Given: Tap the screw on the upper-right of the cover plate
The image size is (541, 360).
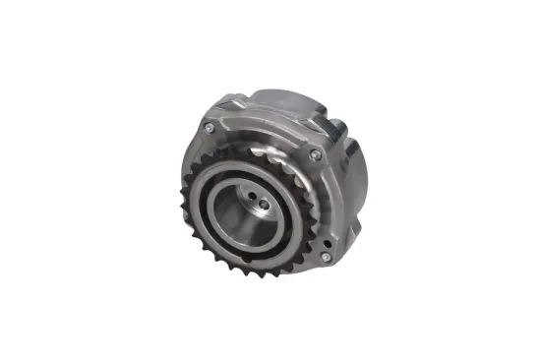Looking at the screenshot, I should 314,154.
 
